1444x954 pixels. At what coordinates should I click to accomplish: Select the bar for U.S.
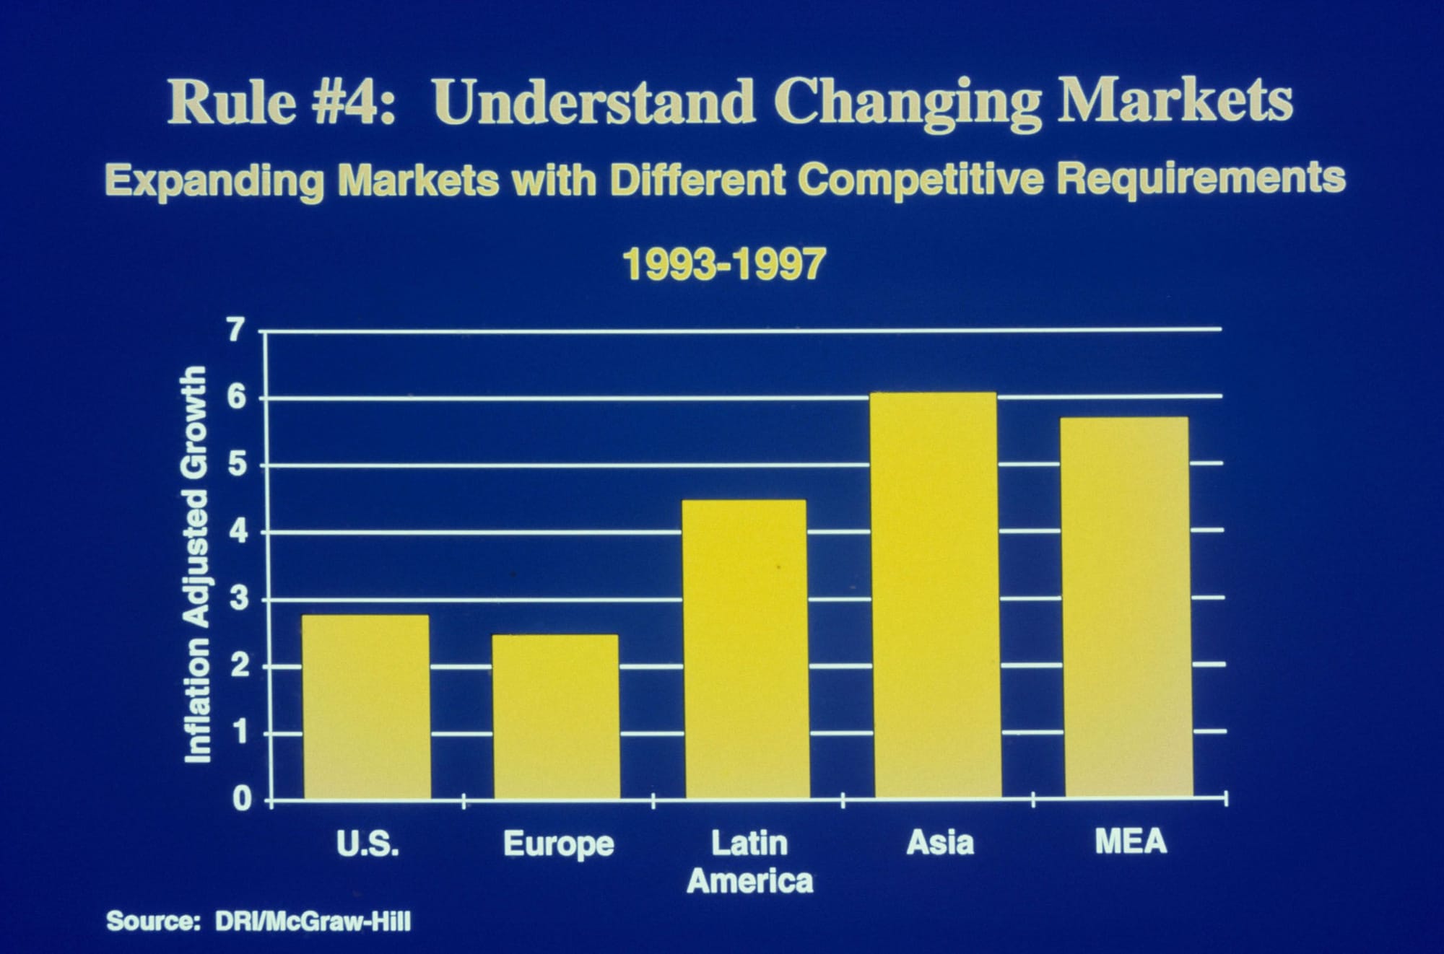point(366,707)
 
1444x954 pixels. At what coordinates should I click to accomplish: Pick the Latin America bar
point(746,649)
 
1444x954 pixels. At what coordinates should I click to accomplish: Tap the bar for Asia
point(936,595)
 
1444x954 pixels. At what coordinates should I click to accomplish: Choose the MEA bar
point(1127,607)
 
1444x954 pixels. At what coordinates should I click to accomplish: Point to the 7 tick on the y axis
point(237,331)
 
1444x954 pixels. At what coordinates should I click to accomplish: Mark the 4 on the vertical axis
point(238,533)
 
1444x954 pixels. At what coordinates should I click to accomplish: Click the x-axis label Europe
point(558,844)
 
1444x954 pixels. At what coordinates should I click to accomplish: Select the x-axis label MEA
point(1131,842)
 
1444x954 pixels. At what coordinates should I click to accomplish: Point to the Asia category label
point(940,842)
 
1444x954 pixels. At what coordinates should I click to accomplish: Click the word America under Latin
point(750,881)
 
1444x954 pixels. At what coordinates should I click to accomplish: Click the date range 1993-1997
point(723,265)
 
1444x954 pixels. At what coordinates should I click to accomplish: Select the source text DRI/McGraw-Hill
point(313,922)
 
